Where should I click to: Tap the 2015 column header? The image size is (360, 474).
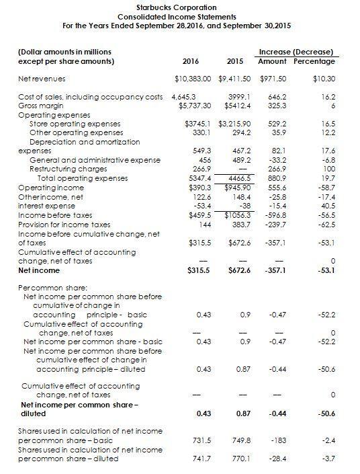coord(234,61)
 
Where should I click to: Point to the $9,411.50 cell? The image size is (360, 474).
coord(235,79)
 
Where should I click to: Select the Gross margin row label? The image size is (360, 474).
coord(40,106)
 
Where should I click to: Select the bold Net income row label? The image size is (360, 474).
coord(38,270)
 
